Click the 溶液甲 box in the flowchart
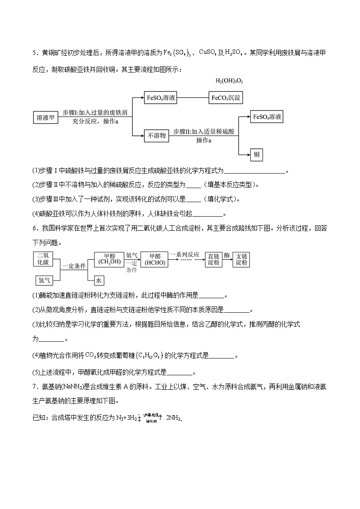coord(45,118)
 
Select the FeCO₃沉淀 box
coord(225,98)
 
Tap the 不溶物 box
coord(157,135)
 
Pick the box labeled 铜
coord(257,155)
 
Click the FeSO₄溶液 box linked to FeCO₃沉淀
coord(161,98)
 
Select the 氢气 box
coord(44,280)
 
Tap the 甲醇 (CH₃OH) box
coord(109,259)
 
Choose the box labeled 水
coord(99,281)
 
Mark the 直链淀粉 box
coord(214,259)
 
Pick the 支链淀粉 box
coord(242,259)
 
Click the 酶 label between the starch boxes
coord(227,256)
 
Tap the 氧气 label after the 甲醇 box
coord(131,256)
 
